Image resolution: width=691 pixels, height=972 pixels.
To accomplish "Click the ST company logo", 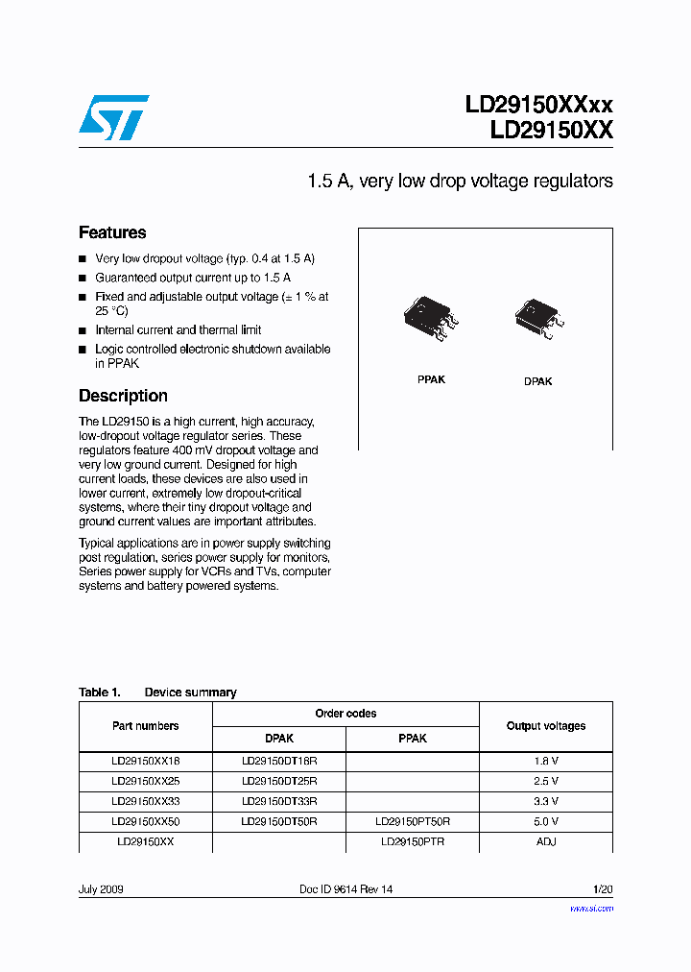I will [113, 117].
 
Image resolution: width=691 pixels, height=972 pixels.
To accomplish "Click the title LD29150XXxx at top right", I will [538, 106].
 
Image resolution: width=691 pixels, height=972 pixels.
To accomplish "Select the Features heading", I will [112, 232].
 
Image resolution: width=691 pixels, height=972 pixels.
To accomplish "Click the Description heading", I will [123, 396].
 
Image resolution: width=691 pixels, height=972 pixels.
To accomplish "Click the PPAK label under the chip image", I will [431, 379].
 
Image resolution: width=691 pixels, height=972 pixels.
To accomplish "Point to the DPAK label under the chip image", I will [537, 381].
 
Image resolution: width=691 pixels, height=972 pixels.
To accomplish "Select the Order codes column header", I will [345, 714].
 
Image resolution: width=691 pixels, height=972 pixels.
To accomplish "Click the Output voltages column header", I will [545, 726].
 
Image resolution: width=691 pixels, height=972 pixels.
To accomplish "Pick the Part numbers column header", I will [145, 726].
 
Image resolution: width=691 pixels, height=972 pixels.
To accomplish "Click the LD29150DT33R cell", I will [279, 800].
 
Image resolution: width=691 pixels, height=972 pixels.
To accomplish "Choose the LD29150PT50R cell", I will [413, 821].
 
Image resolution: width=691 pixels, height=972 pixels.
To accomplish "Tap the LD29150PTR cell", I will [413, 841].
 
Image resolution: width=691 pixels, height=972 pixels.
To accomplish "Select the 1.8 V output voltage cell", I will [546, 760].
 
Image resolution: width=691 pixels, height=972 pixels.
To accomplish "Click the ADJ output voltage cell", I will [546, 841].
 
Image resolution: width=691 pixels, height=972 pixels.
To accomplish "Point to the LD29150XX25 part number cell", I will [145, 781].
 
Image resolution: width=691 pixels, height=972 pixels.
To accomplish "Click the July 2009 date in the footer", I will [101, 889].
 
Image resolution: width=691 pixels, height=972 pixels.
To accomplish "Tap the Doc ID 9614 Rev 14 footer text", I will [346, 889].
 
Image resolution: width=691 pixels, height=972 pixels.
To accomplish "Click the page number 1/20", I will [602, 889].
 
